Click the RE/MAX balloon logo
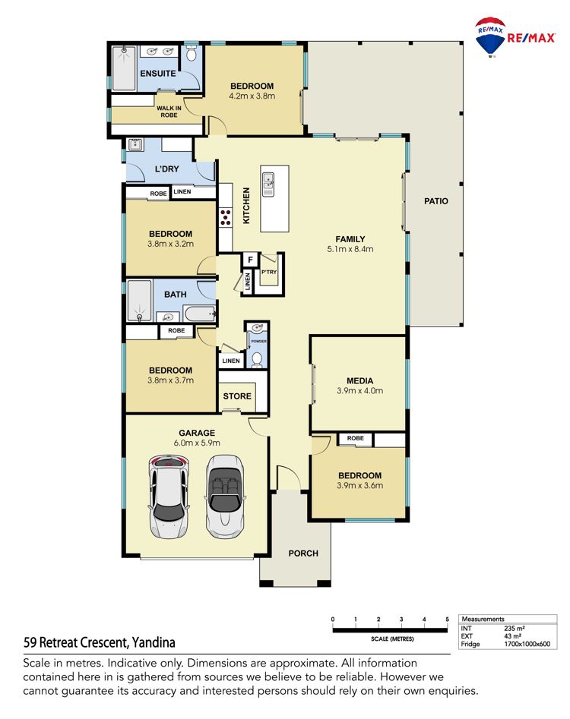pos(490,37)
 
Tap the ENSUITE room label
pos(158,74)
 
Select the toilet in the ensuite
pos(192,54)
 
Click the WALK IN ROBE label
pos(169,112)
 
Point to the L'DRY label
pos(166,169)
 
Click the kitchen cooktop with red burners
pos(225,217)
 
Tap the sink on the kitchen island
pos(268,184)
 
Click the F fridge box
pos(250,260)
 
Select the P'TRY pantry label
pos(269,272)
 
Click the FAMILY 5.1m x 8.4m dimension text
pos(350,250)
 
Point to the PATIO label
pos(436,201)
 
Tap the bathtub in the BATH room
pos(199,314)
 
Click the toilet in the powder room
pos(257,360)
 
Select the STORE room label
pos(237,396)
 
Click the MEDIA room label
pos(359,380)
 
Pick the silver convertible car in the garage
pos(224,496)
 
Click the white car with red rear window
pos(169,497)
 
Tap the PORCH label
pos(303,553)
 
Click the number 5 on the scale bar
pos(447,620)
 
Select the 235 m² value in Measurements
pos(514,628)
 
